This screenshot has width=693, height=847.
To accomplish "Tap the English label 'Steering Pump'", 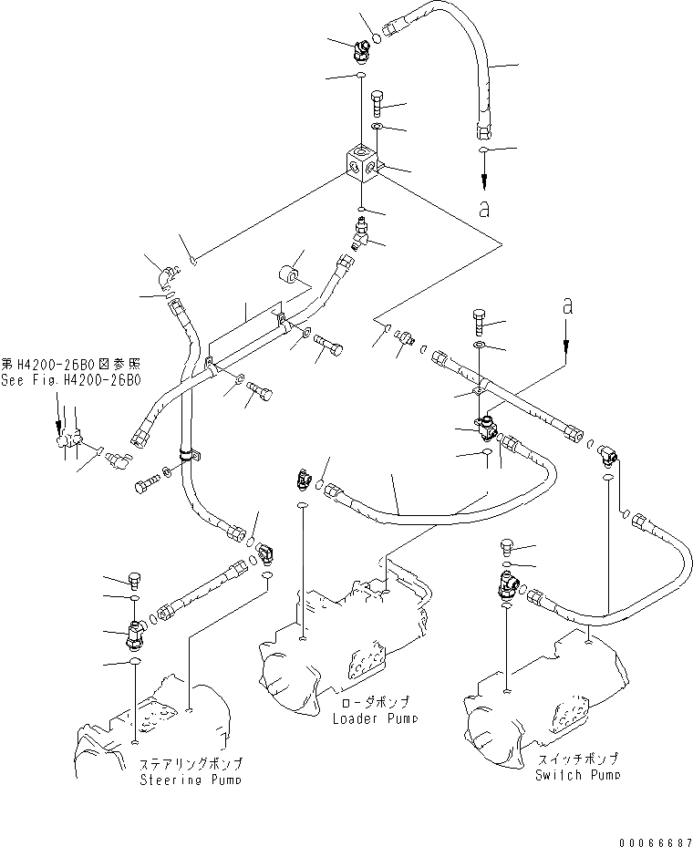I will [191, 780].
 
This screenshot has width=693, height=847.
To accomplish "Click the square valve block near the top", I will [364, 164].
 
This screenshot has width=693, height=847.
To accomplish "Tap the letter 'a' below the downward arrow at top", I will [484, 209].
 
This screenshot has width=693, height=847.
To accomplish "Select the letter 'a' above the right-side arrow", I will [567, 307].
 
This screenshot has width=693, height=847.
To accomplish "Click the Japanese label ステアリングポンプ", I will [191, 764].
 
